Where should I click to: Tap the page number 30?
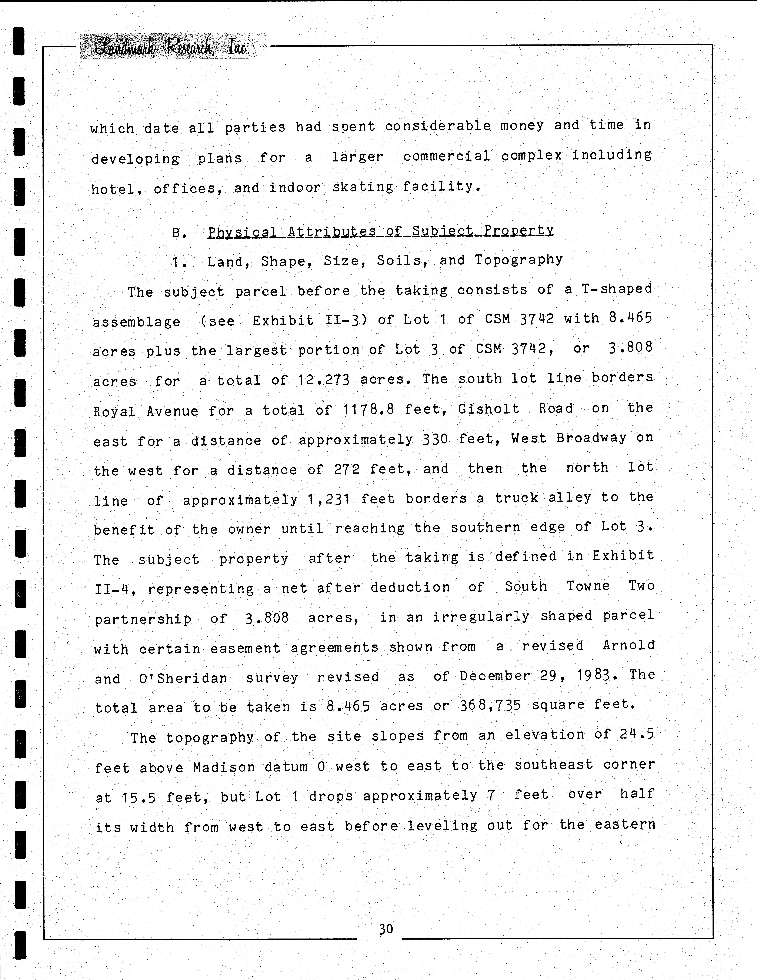click(x=386, y=928)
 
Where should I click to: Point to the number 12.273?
click(x=323, y=380)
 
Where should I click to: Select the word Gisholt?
click(x=489, y=409)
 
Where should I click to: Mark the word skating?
click(x=363, y=187)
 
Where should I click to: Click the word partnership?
click(x=143, y=619)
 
